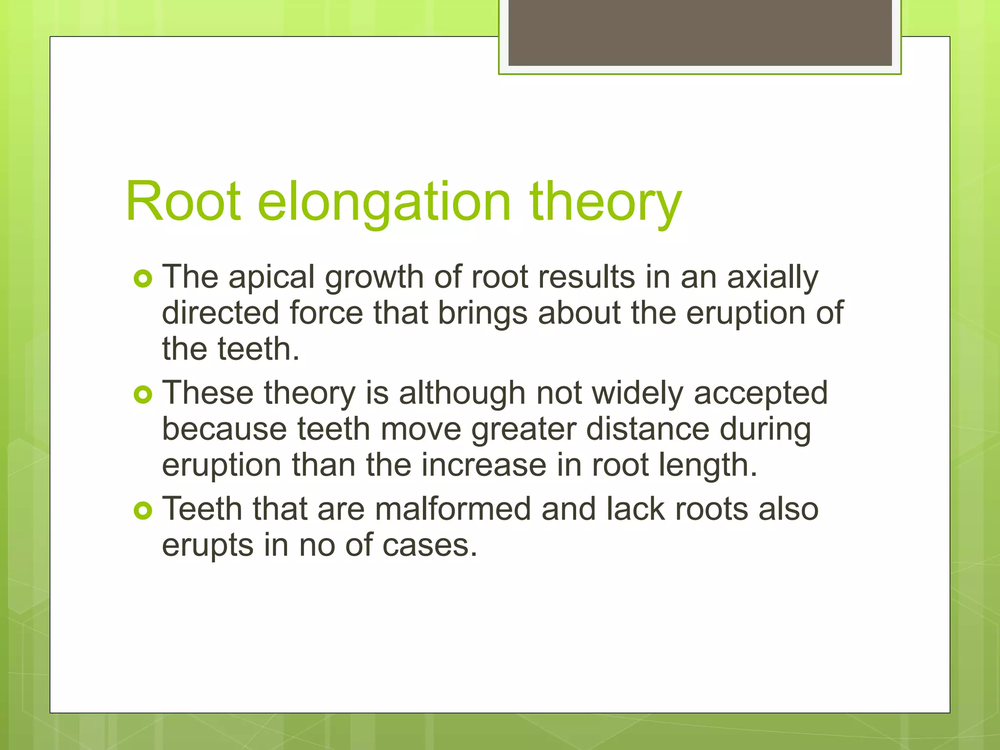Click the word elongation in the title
[x=384, y=202]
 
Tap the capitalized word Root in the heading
[x=183, y=202]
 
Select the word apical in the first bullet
[x=271, y=277]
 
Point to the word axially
[x=772, y=277]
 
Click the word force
[x=326, y=312]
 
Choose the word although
[x=462, y=393]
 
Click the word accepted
[x=760, y=394]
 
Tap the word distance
[x=647, y=429]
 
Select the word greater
[x=523, y=430]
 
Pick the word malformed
[x=453, y=509]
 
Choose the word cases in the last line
[x=429, y=545]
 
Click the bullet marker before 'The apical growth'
[x=143, y=279]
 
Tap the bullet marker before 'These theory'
[x=143, y=395]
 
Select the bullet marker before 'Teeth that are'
[x=143, y=511]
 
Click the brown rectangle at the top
[x=700, y=32]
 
